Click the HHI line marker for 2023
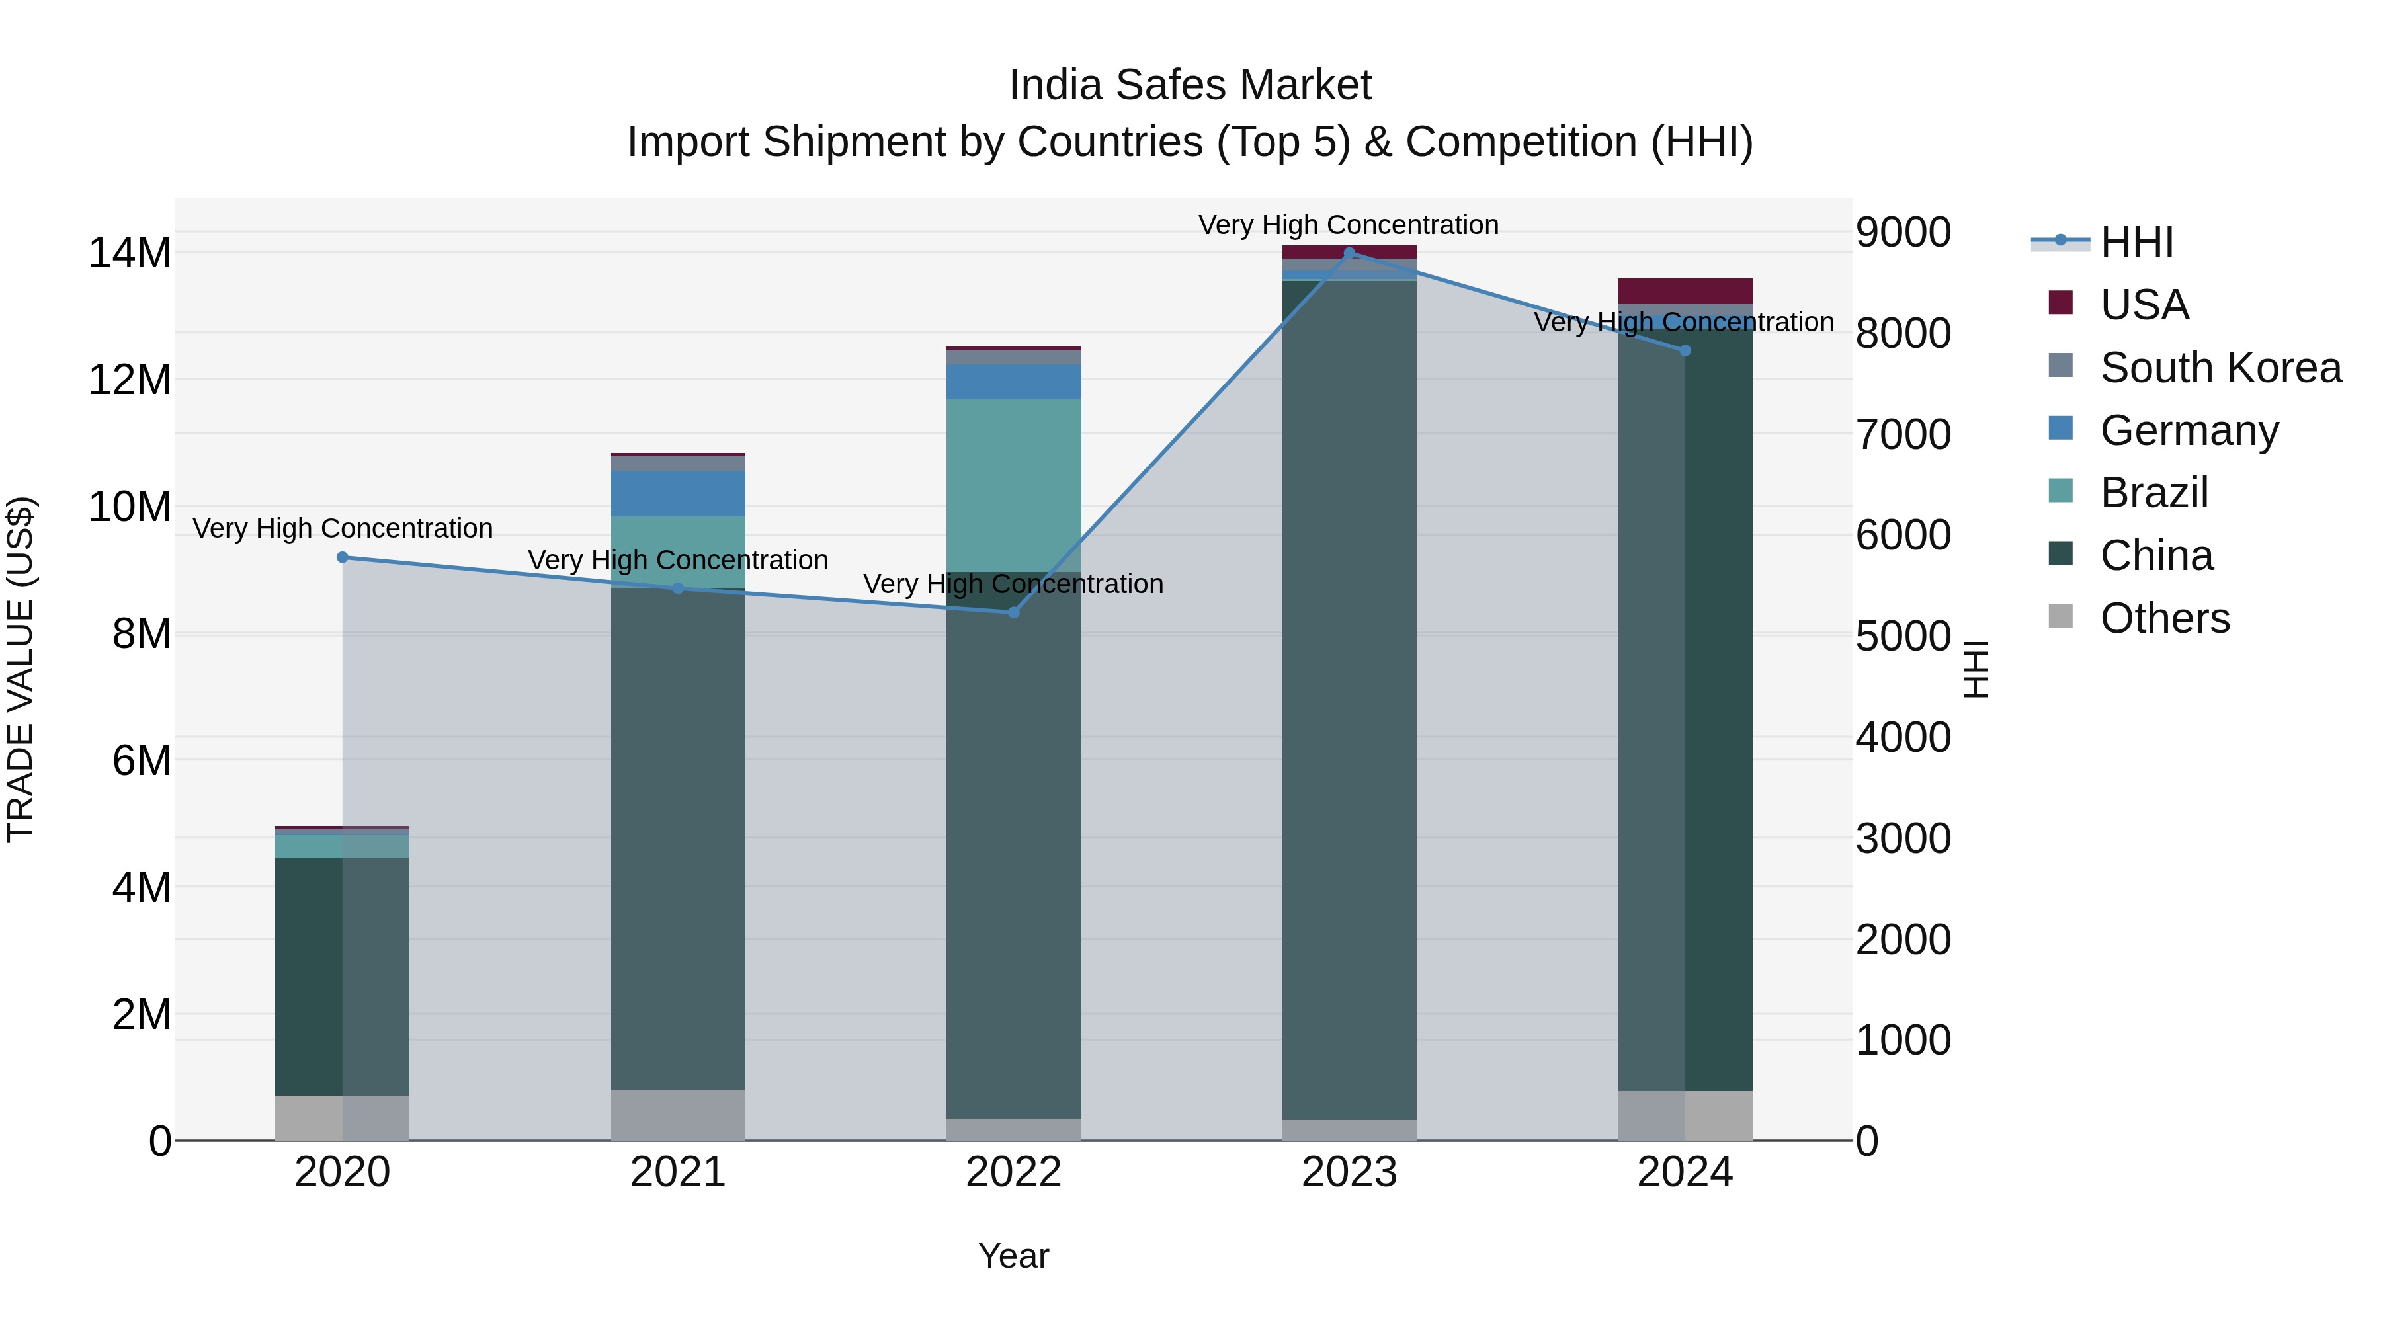pyautogui.click(x=1349, y=253)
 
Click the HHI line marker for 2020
pyautogui.click(x=342, y=557)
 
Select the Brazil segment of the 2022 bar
pyautogui.click(x=1013, y=485)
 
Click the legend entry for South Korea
pyautogui.click(x=2220, y=368)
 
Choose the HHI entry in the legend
pyautogui.click(x=2136, y=242)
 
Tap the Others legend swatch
pyautogui.click(x=2060, y=616)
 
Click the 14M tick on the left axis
pyautogui.click(x=130, y=253)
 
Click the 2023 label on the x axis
pyautogui.click(x=1349, y=1172)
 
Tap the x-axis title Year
pyautogui.click(x=1013, y=1256)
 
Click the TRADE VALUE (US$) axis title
pyautogui.click(x=21, y=669)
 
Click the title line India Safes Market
pyautogui.click(x=1190, y=85)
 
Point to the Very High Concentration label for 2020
pyautogui.click(x=342, y=528)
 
